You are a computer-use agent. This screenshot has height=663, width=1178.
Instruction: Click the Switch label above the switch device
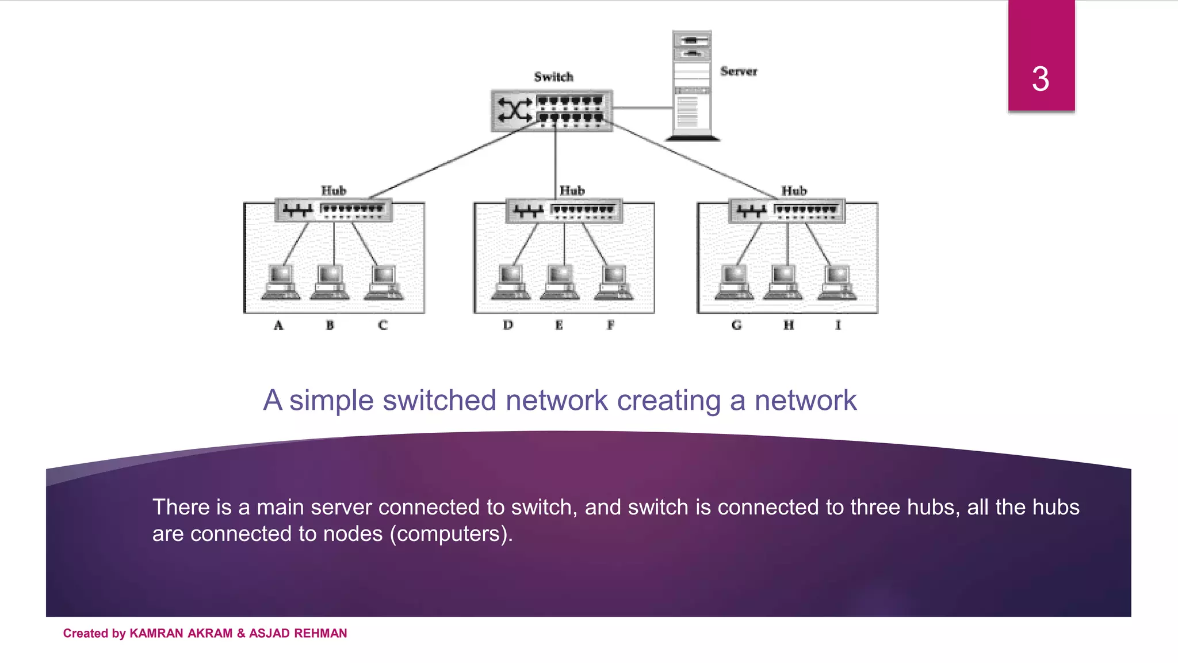pyautogui.click(x=553, y=77)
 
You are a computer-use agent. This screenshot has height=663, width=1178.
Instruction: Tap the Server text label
pyautogui.click(x=739, y=71)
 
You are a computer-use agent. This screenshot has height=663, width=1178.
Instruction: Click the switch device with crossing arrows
pyautogui.click(x=551, y=110)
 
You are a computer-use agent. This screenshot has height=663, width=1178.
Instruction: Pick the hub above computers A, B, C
pyautogui.click(x=334, y=210)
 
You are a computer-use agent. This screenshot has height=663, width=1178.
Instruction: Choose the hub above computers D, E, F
pyautogui.click(x=564, y=211)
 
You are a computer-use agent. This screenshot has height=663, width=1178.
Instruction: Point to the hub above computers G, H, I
pyautogui.click(x=787, y=211)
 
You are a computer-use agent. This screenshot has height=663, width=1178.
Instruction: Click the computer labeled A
pyautogui.click(x=280, y=282)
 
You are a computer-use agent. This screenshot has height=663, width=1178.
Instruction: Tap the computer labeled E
pyautogui.click(x=560, y=282)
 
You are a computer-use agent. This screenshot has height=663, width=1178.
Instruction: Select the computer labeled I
pyautogui.click(x=837, y=282)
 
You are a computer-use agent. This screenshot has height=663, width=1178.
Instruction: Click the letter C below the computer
pyautogui.click(x=383, y=325)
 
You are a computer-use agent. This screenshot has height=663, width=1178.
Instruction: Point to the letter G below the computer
pyautogui.click(x=736, y=325)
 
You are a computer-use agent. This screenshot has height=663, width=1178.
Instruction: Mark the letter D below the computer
pyautogui.click(x=507, y=325)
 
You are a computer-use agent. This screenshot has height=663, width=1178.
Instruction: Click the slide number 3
pyautogui.click(x=1040, y=79)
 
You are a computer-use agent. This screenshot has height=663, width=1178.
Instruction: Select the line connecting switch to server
pyautogui.click(x=642, y=108)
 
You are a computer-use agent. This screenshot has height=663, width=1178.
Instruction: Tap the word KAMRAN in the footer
pyautogui.click(x=156, y=633)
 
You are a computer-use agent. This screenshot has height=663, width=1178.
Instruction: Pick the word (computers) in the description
pyautogui.click(x=451, y=534)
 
